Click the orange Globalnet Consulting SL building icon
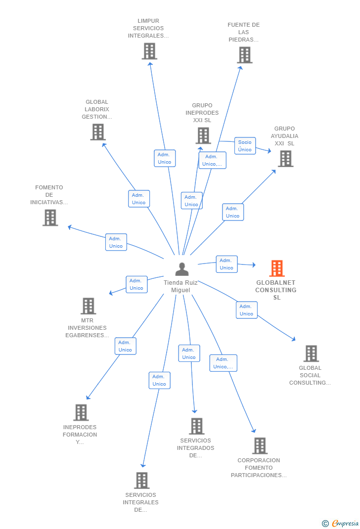(277, 268)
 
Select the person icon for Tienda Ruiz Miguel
(182, 269)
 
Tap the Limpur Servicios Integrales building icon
(149, 51)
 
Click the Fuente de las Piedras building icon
(244, 55)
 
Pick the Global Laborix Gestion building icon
(98, 132)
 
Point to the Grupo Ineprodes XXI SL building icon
(203, 135)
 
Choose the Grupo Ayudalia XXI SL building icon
(285, 159)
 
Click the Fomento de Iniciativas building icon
(50, 218)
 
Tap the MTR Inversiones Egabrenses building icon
(88, 306)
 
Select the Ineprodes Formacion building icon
(81, 412)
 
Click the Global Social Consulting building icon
(311, 353)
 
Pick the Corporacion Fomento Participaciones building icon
(260, 445)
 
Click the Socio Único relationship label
(245, 146)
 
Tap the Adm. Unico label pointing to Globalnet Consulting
(226, 264)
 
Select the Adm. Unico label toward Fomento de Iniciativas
(116, 242)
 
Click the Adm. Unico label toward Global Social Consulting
(246, 310)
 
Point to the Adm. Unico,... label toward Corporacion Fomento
(223, 363)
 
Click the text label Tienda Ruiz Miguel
(181, 286)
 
